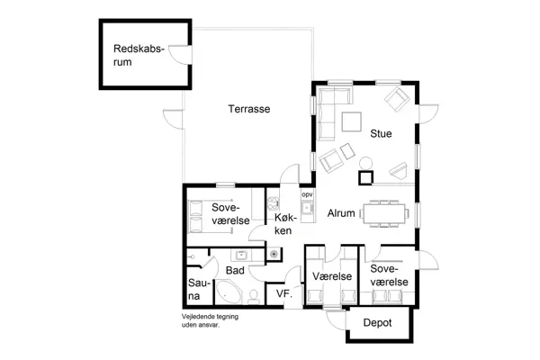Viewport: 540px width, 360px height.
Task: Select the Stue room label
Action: [381, 134]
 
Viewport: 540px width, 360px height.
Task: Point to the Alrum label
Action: [340, 213]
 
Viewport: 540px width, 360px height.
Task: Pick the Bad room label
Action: [235, 270]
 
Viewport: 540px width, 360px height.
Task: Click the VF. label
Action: [283, 294]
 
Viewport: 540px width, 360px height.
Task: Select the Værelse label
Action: [331, 276]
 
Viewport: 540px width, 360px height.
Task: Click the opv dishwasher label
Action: [306, 194]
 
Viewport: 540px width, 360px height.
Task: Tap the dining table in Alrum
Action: [385, 212]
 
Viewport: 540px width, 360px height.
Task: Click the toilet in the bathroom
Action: [254, 295]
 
